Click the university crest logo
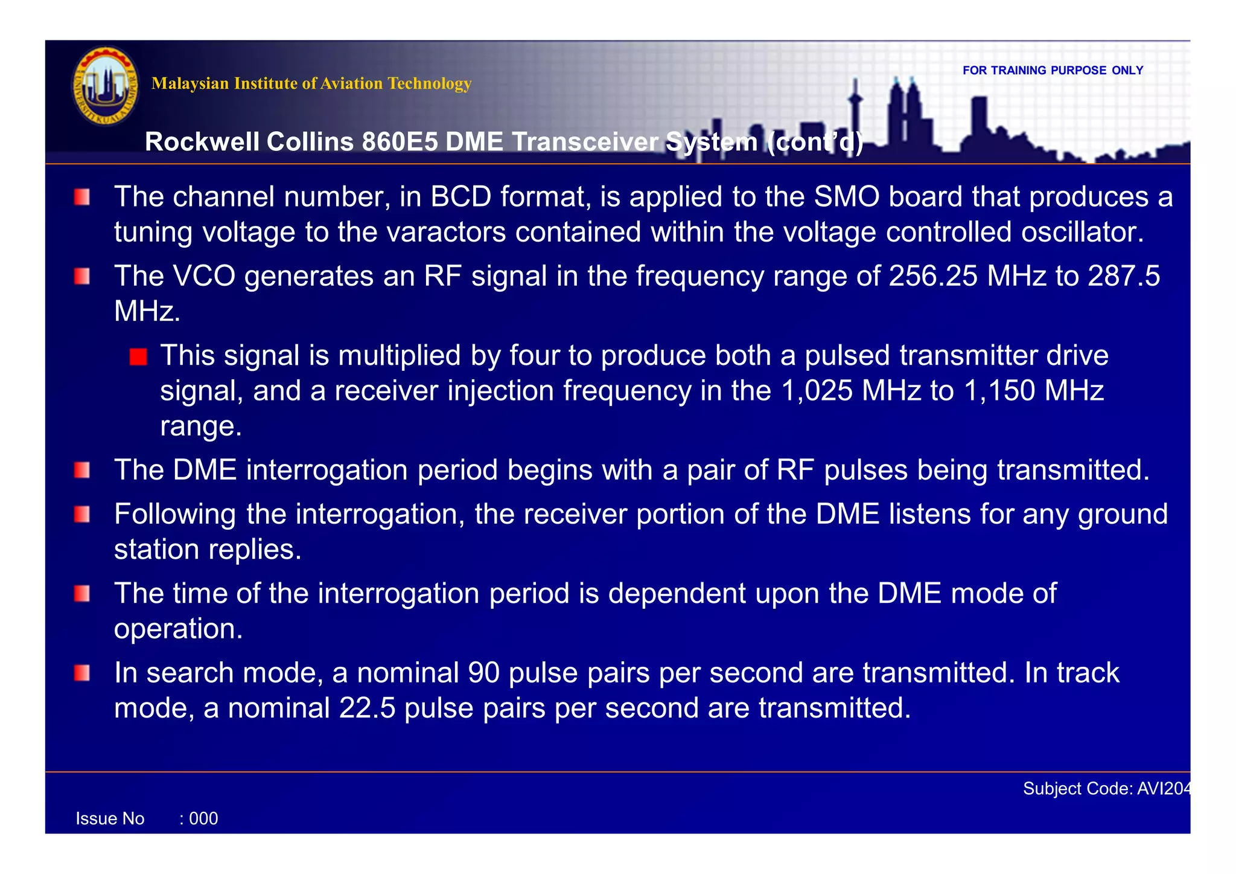tap(106, 86)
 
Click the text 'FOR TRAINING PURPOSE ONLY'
tap(1053, 71)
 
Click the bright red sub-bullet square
tap(138, 357)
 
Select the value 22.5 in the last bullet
tap(367, 709)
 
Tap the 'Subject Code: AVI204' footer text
tap(1106, 789)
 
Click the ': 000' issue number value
tap(199, 819)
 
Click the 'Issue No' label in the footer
tap(110, 819)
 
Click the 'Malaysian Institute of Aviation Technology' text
tap(311, 83)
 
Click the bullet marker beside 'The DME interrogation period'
tap(82, 470)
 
